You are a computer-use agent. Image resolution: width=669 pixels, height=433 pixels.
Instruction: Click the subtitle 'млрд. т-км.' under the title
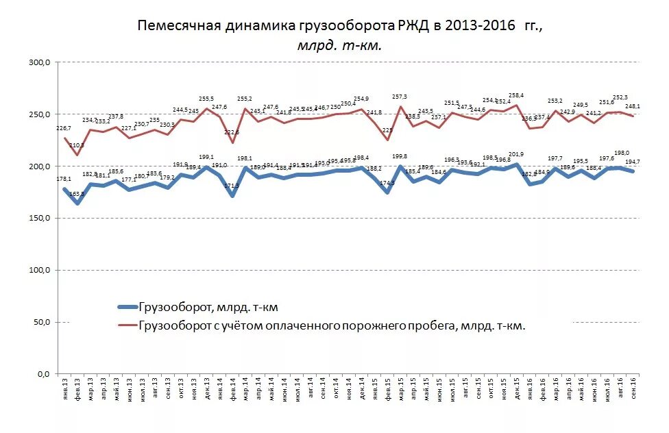[x=339, y=45]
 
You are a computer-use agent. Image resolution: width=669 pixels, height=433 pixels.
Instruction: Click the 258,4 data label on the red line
[x=516, y=95]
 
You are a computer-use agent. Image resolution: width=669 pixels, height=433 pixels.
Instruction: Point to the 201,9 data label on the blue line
[x=516, y=154]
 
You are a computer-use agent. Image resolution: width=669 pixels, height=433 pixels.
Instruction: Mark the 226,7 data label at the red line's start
[x=64, y=128]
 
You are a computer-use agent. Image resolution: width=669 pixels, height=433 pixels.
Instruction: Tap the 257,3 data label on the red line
[x=400, y=97]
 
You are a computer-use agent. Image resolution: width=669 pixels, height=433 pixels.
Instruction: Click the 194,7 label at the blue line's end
[x=632, y=162]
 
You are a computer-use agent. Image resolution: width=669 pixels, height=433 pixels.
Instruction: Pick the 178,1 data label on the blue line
[x=64, y=180]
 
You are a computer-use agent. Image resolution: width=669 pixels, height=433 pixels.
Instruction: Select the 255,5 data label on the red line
[x=206, y=99]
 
